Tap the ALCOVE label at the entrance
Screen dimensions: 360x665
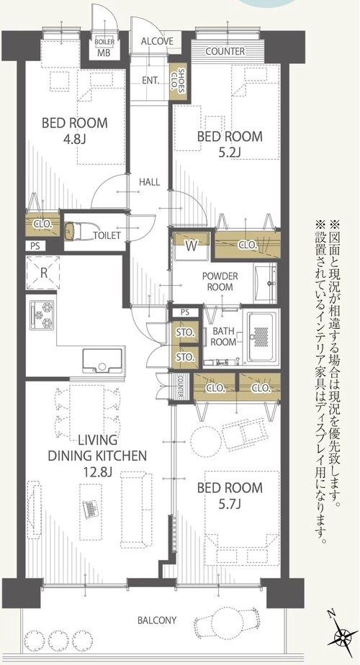[157, 41]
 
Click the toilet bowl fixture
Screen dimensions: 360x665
[74, 232]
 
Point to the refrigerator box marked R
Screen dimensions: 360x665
[43, 273]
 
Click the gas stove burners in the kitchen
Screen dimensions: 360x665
[42, 315]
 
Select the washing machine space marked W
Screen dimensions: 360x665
[191, 246]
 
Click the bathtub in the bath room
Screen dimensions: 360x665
[262, 338]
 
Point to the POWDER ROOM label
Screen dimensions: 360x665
[220, 281]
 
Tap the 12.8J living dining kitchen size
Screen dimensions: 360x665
[97, 471]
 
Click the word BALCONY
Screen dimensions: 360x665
[157, 620]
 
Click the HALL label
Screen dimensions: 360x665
[150, 182]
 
